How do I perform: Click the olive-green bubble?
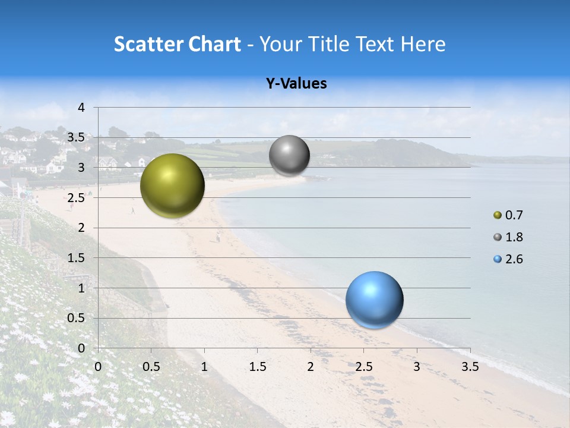[x=172, y=185]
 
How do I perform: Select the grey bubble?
[x=289, y=156]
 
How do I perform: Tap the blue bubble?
[x=374, y=300]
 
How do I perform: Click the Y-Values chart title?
[x=296, y=84]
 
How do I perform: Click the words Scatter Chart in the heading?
[x=177, y=44]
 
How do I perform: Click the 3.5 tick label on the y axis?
[x=76, y=138]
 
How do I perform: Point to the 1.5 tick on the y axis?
[x=76, y=258]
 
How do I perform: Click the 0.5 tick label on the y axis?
[x=76, y=318]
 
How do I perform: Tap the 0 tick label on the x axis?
[x=99, y=366]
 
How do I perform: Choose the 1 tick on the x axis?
[x=205, y=366]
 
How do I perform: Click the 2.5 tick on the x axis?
[x=363, y=366]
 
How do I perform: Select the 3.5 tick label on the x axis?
[x=470, y=366]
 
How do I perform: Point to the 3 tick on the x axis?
[x=417, y=366]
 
